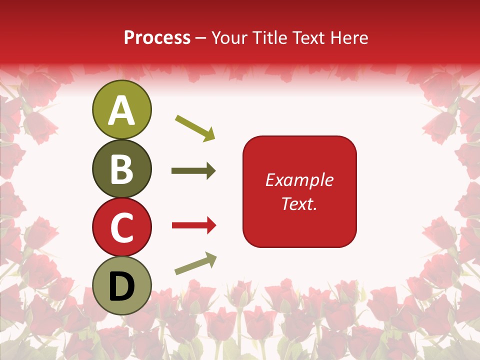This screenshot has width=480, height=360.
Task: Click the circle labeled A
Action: (121, 110)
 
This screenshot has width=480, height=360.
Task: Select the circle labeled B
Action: (121, 169)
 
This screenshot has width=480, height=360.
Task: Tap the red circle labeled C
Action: (121, 227)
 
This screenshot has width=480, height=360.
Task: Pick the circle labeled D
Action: (121, 285)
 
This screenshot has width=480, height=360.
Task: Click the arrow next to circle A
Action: (195, 127)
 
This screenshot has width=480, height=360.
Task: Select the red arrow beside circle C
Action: (194, 226)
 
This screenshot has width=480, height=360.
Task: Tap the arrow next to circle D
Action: (195, 263)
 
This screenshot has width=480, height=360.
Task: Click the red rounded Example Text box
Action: (299, 191)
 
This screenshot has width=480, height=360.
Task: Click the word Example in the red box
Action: (299, 180)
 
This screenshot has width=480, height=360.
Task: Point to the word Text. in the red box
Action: (299, 203)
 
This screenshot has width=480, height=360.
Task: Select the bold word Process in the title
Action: (157, 37)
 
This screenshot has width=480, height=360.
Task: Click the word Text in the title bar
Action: (307, 37)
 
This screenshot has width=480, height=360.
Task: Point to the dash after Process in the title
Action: (201, 38)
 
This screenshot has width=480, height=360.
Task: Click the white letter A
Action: (121, 110)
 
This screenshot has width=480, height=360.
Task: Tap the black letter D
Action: (121, 285)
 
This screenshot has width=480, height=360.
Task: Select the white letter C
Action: (121, 227)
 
